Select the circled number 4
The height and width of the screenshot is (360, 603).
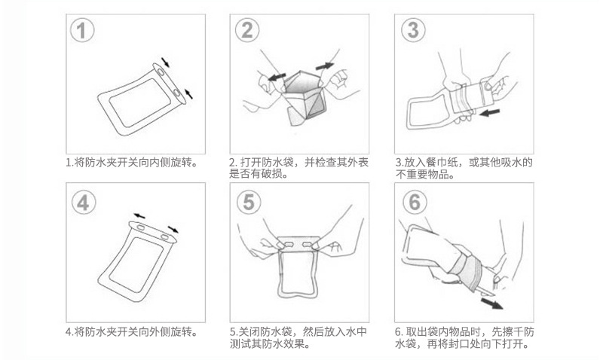(x=83, y=202)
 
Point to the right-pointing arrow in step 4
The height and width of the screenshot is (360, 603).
(x=173, y=227)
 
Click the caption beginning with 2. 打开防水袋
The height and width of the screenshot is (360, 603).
(x=298, y=168)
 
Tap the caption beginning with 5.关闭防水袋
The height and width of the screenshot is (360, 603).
(x=298, y=338)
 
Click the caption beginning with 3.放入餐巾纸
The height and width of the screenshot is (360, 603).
(x=464, y=168)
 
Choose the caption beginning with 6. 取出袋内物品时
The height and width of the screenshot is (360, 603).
(x=464, y=338)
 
